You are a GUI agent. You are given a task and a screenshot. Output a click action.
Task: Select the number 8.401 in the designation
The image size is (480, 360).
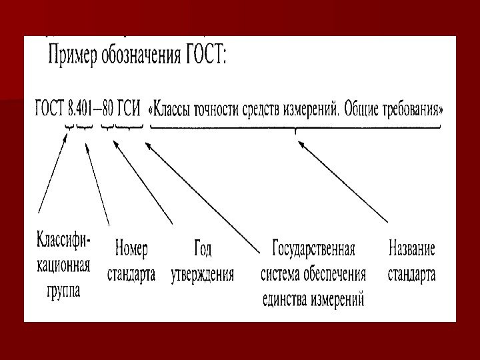tap(81, 107)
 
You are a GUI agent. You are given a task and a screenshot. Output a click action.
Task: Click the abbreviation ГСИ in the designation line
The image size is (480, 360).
tap(130, 107)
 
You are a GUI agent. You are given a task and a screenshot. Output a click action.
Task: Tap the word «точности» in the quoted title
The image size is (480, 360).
tap(227, 107)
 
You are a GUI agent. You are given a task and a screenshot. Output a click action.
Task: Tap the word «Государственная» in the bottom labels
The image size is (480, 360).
tap(313, 249)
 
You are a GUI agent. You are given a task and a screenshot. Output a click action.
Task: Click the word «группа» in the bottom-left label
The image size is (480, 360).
tap(63, 291)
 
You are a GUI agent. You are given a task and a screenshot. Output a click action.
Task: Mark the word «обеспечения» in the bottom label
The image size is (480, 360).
tap(334, 274)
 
